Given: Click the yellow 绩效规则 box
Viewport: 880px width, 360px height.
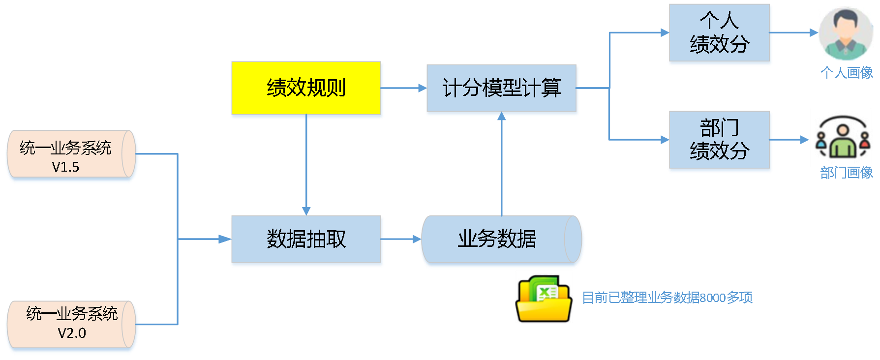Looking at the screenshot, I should pyautogui.click(x=306, y=88).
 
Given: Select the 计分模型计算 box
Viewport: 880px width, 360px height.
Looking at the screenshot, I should pyautogui.click(x=502, y=89).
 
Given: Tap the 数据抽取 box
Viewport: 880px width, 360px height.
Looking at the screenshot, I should pyautogui.click(x=306, y=240).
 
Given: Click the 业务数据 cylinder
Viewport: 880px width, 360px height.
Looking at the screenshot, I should pyautogui.click(x=497, y=240).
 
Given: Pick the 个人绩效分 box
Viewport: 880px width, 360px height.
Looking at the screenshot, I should pyautogui.click(x=719, y=33).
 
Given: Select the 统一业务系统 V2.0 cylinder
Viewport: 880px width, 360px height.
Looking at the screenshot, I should pyautogui.click(x=69, y=325).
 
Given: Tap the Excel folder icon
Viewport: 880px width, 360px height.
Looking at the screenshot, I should pyautogui.click(x=544, y=297).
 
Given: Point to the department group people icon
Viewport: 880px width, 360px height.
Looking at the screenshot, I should pyautogui.click(x=842, y=137).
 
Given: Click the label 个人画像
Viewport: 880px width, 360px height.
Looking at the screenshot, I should pyautogui.click(x=847, y=73).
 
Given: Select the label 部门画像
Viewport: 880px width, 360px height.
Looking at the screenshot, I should pyautogui.click(x=847, y=173).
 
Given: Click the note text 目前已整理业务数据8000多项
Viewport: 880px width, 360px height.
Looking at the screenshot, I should pyautogui.click(x=667, y=298).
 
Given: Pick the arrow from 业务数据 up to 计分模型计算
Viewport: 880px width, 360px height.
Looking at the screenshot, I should pyautogui.click(x=502, y=167).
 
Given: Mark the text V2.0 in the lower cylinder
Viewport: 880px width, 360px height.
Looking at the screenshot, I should pyautogui.click(x=72, y=333).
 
